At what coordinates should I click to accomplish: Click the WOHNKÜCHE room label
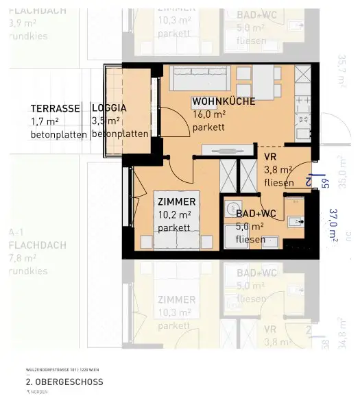click(x=224, y=101)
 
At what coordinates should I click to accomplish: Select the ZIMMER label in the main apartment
click(x=176, y=202)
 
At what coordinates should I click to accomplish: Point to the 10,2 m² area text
click(x=174, y=215)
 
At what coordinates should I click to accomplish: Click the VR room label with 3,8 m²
click(x=271, y=157)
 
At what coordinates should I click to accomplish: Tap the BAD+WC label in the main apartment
click(x=255, y=214)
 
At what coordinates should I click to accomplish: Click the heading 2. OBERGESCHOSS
click(x=64, y=382)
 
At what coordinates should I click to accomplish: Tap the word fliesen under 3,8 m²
click(x=278, y=183)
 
